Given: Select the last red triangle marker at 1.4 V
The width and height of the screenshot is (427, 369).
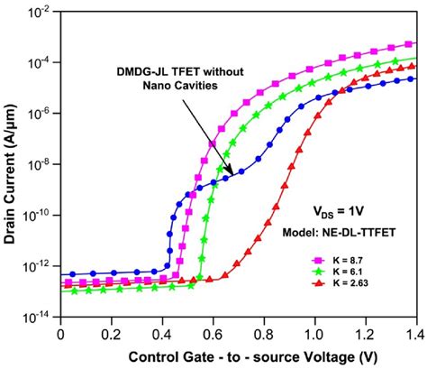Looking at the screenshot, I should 412,66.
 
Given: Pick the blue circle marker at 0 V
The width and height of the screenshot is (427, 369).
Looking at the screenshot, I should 60,273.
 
